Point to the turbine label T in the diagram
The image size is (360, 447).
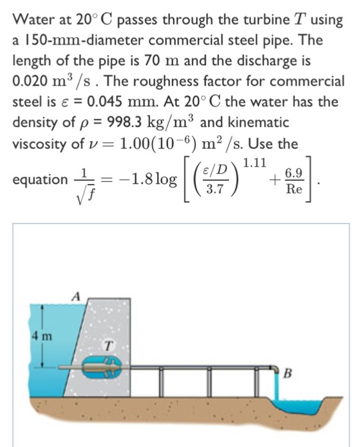click(109, 345)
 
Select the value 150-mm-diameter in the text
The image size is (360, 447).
click(76, 40)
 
